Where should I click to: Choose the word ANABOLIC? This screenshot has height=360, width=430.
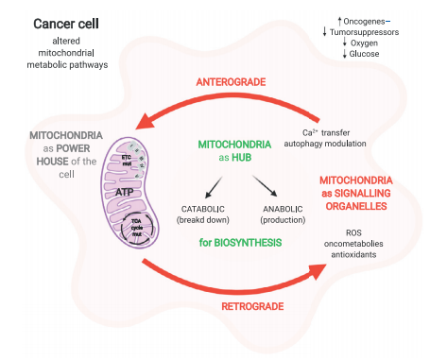pyautogui.click(x=281, y=208)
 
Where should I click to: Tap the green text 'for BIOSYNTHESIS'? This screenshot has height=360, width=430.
pyautogui.click(x=241, y=244)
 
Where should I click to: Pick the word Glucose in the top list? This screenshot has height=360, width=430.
pyautogui.click(x=365, y=55)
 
